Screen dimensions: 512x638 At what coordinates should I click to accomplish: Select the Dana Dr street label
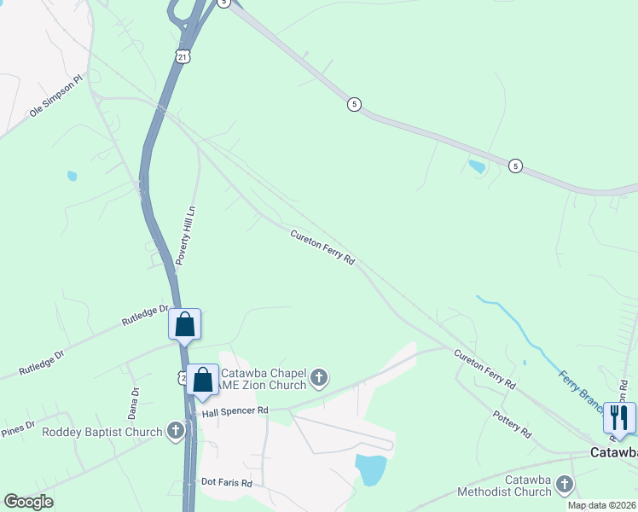[x=134, y=402]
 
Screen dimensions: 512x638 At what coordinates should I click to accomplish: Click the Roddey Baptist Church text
[x=102, y=432]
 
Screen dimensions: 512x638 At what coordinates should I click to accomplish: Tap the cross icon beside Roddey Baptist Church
[x=177, y=430]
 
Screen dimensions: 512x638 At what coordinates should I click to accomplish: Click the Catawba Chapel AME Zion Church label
[x=263, y=379]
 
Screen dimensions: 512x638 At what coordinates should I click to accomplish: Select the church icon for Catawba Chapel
[x=318, y=378]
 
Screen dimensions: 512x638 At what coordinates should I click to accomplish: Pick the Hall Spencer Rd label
[x=235, y=411]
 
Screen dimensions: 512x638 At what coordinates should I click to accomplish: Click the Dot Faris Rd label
[x=227, y=483]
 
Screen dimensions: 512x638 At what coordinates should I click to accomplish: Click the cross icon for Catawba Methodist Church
[x=563, y=485]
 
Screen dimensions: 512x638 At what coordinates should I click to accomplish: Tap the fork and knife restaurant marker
[x=619, y=417]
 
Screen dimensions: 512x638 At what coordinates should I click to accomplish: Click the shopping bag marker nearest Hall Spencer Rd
[x=203, y=380]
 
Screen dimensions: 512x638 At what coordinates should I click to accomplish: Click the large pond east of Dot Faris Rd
[x=370, y=469]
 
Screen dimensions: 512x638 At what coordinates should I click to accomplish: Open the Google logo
[x=28, y=502]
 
